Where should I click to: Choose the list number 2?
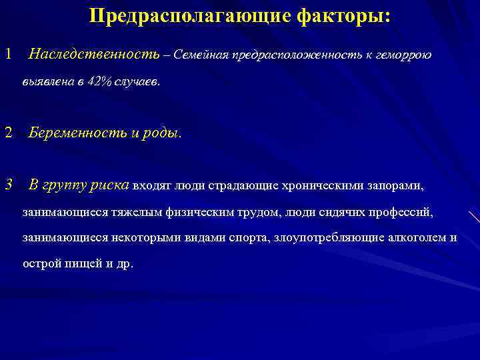point(8,132)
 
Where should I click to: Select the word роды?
point(162,132)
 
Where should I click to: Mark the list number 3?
point(8,185)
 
